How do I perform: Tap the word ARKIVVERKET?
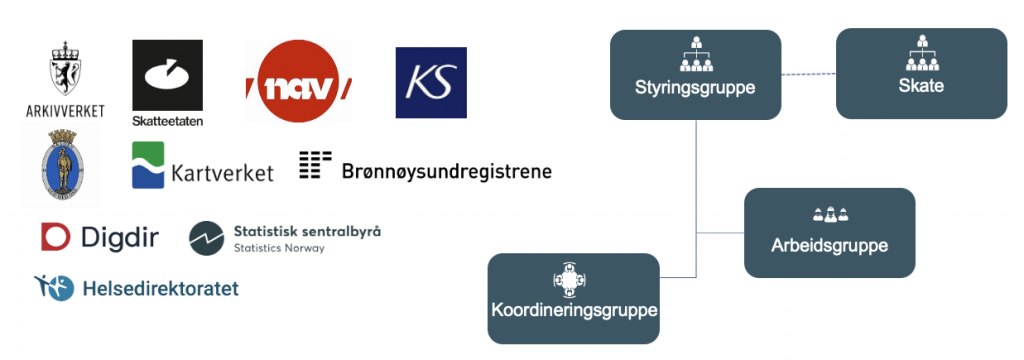tap(65, 109)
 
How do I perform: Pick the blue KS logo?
tap(431, 83)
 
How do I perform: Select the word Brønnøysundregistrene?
tap(447, 171)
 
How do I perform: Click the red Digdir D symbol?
tap(56, 236)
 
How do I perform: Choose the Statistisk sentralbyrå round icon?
tap(206, 238)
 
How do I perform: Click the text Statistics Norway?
tap(278, 248)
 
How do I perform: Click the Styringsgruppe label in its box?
tap(694, 87)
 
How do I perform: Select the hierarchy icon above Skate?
tap(920, 53)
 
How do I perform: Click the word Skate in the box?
tap(920, 86)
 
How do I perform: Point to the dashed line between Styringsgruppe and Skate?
tap(808, 74)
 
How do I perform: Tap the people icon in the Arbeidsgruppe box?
tap(830, 214)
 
